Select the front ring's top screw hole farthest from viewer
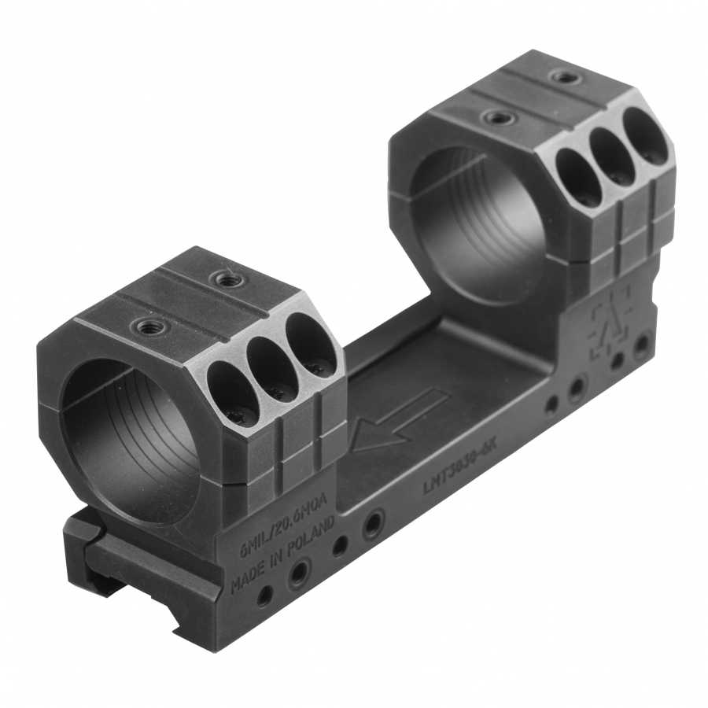tap(229, 278)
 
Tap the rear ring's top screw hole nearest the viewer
tap(498, 118)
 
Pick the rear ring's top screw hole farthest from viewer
tap(565, 76)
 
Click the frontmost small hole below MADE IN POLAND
tap(264, 596)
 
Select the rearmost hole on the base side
tap(642, 344)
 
